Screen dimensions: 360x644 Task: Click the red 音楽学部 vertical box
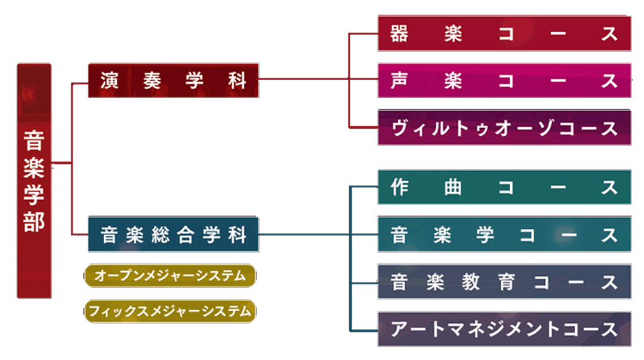tap(34, 180)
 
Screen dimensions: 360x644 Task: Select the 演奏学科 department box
tap(174, 80)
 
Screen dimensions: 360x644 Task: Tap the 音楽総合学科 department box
tap(174, 235)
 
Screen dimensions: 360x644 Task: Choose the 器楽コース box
tap(504, 33)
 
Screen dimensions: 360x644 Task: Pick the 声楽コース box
tap(504, 81)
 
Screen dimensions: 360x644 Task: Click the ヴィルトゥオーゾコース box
tap(504, 128)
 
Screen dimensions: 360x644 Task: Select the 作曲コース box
tap(504, 188)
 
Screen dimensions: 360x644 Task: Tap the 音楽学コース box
tap(504, 235)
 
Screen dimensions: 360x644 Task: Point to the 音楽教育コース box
tap(504, 282)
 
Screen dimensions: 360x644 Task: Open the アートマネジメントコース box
tap(504, 329)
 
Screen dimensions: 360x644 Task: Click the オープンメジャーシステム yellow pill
tap(170, 276)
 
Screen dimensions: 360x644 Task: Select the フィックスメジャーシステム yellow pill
tap(170, 311)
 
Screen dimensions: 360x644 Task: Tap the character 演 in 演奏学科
tap(110, 81)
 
